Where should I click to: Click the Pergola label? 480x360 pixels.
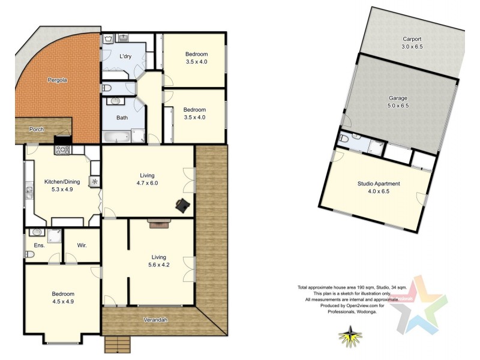tap(58, 80)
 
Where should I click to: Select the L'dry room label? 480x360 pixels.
tap(125, 56)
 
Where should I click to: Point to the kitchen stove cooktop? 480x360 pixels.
tap(63, 150)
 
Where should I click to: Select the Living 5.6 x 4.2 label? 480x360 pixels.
tap(158, 261)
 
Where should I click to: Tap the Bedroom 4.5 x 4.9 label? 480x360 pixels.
tap(62, 298)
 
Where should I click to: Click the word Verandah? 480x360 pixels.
tap(155, 320)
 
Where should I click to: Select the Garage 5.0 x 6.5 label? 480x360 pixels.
tap(398, 101)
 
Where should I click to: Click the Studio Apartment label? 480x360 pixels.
tap(378, 188)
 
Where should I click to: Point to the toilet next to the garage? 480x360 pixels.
tap(344, 138)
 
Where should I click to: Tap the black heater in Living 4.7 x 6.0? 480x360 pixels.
tap(182, 205)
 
